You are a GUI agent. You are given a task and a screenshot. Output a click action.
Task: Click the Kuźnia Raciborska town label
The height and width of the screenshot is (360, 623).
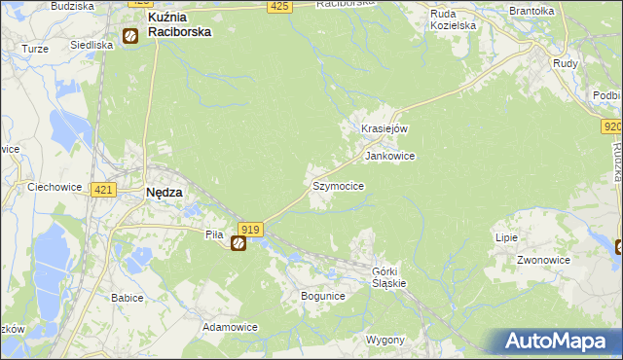coord(179,24)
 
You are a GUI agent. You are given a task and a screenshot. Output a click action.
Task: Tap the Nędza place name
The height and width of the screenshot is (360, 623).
coord(163,193)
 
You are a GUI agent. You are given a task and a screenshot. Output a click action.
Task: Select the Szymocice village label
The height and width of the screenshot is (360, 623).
coord(338,185)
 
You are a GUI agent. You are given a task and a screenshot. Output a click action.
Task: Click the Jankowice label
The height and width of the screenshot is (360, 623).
coord(389,156)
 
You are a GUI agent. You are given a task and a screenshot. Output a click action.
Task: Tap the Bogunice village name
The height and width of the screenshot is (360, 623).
coord(323,295)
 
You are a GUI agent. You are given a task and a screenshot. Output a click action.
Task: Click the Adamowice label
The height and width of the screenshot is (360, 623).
coord(230,327)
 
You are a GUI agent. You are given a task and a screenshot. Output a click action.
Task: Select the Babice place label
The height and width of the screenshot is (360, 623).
coord(128,297)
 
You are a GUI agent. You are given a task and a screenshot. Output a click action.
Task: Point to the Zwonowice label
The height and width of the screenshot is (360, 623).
coord(543,261)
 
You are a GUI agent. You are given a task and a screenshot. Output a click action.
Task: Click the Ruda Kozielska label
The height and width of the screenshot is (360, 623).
coord(454,19)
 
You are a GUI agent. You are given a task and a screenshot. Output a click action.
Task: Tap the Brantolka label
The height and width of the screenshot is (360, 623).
coord(531,11)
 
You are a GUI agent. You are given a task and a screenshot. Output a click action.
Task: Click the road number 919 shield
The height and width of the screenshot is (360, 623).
coord(249,229)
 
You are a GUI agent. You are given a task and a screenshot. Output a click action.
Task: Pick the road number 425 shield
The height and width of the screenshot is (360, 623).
coord(279,6)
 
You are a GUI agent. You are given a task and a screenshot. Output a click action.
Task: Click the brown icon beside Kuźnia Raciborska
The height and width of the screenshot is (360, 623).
coord(129,37)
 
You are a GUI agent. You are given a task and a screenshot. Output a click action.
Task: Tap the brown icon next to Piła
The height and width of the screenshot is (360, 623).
coord(238,243)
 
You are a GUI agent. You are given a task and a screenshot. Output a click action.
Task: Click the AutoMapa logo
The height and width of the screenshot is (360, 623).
coord(559,342)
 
